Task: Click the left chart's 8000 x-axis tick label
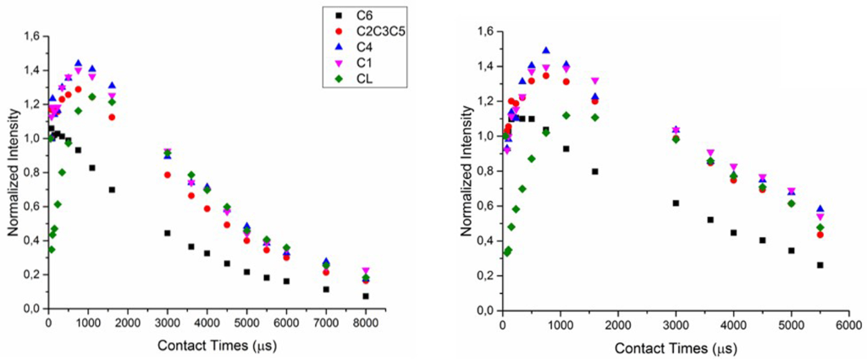(x=366, y=324)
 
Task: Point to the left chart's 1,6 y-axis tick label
(x=28, y=36)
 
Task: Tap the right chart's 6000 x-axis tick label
(x=849, y=326)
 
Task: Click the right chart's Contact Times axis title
(x=674, y=347)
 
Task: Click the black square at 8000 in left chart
(x=366, y=296)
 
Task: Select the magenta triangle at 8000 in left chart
(x=366, y=271)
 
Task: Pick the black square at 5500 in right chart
(x=820, y=265)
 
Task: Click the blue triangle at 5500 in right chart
(x=820, y=209)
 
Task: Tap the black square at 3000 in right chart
(x=676, y=203)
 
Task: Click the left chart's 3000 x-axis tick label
(x=168, y=324)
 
